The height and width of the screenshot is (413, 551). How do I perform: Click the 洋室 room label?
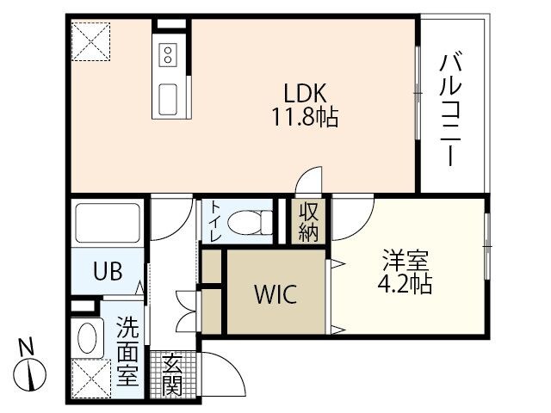[406, 259]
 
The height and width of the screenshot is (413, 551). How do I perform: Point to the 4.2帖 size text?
[406, 281]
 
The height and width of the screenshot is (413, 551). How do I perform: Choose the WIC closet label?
[275, 295]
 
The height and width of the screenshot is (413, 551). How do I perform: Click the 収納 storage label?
[308, 222]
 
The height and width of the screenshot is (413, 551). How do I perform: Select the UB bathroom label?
[107, 270]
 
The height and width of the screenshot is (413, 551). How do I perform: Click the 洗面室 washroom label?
[127, 350]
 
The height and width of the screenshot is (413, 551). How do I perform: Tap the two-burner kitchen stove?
[167, 56]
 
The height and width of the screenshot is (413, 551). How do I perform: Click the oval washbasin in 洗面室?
[87, 335]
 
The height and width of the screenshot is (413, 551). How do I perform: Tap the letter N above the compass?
[28, 348]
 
